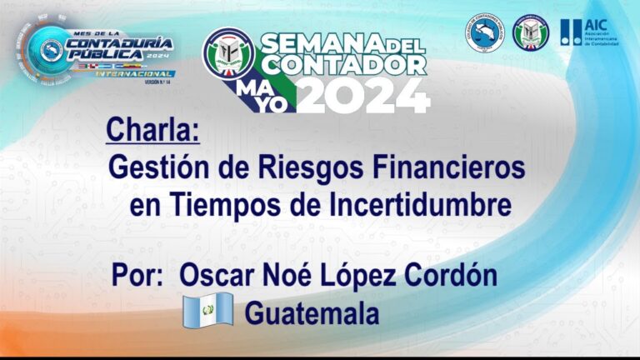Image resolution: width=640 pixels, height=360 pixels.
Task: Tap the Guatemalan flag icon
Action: click(207, 313)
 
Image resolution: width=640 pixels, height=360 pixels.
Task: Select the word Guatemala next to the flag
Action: click(312, 314)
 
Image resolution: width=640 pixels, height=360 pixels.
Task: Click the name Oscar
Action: click(218, 277)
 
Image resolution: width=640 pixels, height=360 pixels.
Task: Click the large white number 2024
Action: click(365, 97)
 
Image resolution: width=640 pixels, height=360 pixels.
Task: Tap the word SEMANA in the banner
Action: click(322, 42)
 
